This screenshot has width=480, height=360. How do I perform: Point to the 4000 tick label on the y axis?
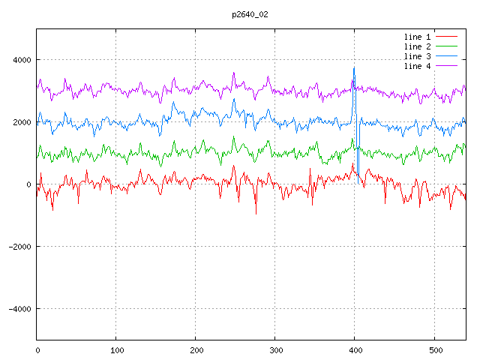tap(21, 60)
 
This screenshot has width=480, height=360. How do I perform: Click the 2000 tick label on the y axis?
tap(21, 122)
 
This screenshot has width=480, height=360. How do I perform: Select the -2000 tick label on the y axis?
tap(19, 247)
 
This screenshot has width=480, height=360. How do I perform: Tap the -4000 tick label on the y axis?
tap(19, 309)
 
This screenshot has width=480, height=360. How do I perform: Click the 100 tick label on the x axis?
tap(116, 349)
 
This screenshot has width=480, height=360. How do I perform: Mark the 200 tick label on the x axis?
tap(196, 349)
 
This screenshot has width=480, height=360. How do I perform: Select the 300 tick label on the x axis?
tap(275, 349)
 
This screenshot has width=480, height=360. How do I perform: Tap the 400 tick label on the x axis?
tap(355, 349)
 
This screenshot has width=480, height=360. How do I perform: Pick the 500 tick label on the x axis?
tap(434, 349)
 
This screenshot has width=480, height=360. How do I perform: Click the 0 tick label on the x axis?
tap(37, 349)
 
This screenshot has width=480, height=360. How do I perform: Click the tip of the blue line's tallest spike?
tap(354, 67)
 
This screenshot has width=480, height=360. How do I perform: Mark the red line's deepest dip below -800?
tap(256, 214)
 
